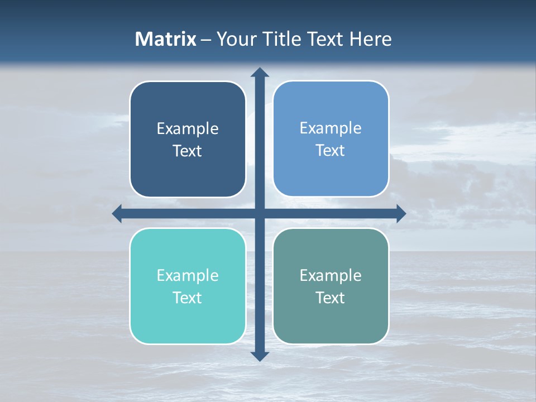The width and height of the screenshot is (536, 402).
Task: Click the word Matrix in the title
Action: (x=166, y=39)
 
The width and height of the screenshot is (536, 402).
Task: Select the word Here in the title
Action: (x=371, y=39)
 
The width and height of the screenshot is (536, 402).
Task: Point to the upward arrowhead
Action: (x=260, y=72)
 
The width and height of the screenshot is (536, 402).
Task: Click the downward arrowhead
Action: (x=260, y=356)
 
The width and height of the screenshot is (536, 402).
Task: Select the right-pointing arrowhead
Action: (x=401, y=213)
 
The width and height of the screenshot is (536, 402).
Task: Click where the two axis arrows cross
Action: (x=260, y=213)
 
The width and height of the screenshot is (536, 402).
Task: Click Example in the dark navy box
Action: (x=188, y=129)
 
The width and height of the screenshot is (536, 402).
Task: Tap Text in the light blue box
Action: (x=331, y=151)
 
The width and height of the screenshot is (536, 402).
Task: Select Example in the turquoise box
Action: (x=188, y=276)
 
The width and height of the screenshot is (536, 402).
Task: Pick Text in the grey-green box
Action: (x=331, y=298)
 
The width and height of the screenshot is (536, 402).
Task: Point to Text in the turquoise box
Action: (x=188, y=298)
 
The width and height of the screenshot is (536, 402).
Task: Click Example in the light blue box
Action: (x=331, y=128)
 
